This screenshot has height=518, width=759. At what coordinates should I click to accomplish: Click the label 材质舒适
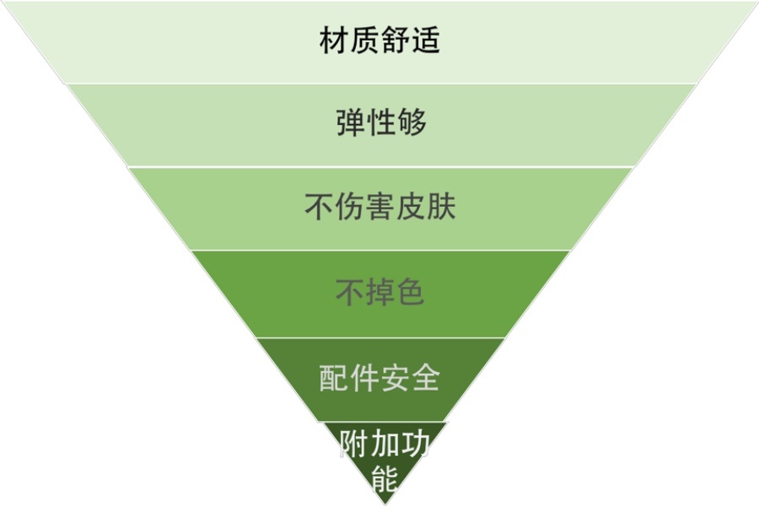pyautogui.click(x=379, y=40)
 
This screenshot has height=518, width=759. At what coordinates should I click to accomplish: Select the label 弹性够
pyautogui.click(x=381, y=122)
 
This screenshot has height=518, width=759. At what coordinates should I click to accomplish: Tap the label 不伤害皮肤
pyautogui.click(x=380, y=206)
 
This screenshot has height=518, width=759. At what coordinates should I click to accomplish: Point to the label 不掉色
pyautogui.click(x=380, y=292)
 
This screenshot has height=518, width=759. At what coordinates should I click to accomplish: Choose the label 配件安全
pyautogui.click(x=379, y=378)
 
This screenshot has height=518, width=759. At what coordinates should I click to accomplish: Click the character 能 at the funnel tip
pyautogui.click(x=385, y=479)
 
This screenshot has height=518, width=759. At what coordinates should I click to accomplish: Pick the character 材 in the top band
pyautogui.click(x=334, y=40)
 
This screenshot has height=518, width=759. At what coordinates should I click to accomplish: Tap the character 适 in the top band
pyautogui.click(x=426, y=40)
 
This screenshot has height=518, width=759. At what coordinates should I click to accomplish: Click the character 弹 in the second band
pyautogui.click(x=351, y=122)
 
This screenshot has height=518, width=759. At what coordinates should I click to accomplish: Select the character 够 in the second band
pyautogui.click(x=412, y=122)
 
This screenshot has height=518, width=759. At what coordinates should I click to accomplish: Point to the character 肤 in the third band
pyautogui.click(x=441, y=206)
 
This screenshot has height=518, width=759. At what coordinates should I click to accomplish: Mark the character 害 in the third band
pyautogui.click(x=380, y=206)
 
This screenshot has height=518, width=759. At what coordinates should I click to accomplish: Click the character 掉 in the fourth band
pyautogui.click(x=380, y=292)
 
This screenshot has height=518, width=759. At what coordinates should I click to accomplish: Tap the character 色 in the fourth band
pyautogui.click(x=411, y=292)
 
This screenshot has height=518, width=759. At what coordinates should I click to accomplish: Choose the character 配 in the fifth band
pyautogui.click(x=334, y=378)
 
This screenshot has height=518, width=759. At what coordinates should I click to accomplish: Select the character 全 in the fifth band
pyautogui.click(x=426, y=378)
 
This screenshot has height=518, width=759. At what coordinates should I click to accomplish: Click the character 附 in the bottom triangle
pyautogui.click(x=353, y=444)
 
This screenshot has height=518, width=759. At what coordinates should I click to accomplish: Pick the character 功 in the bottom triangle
pyautogui.click(x=414, y=444)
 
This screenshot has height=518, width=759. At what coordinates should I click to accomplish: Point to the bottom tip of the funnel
pyautogui.click(x=385, y=505)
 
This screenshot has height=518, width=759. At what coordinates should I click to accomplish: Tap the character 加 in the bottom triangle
pyautogui.click(x=385, y=444)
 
